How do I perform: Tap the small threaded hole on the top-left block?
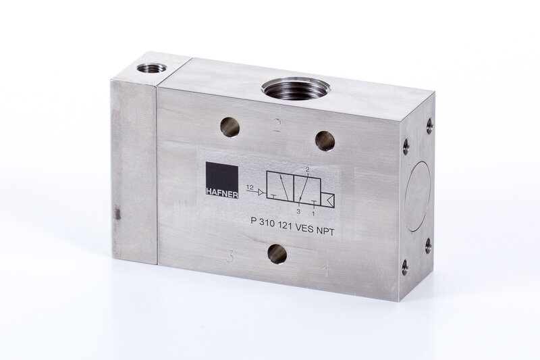151,68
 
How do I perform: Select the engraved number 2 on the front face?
275,125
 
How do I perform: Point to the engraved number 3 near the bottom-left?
230,256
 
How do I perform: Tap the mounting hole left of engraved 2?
230,127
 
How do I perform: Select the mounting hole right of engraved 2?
325,140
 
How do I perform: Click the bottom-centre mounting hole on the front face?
277,254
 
